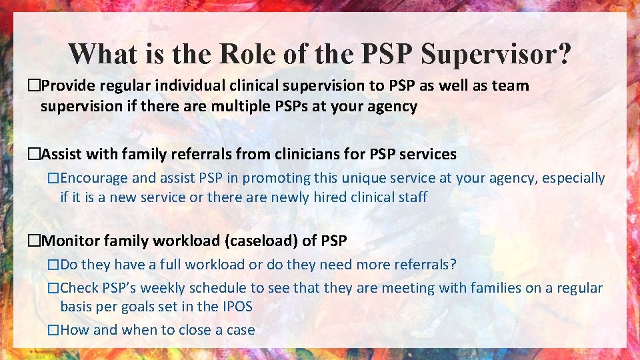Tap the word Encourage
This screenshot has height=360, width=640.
(x=94, y=179)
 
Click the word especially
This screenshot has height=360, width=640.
(x=573, y=179)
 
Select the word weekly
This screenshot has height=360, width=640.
(x=163, y=289)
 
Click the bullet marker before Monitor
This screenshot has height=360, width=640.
(x=34, y=241)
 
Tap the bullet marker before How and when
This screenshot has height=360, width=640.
(x=53, y=330)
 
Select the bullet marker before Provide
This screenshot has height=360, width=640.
(x=34, y=86)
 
